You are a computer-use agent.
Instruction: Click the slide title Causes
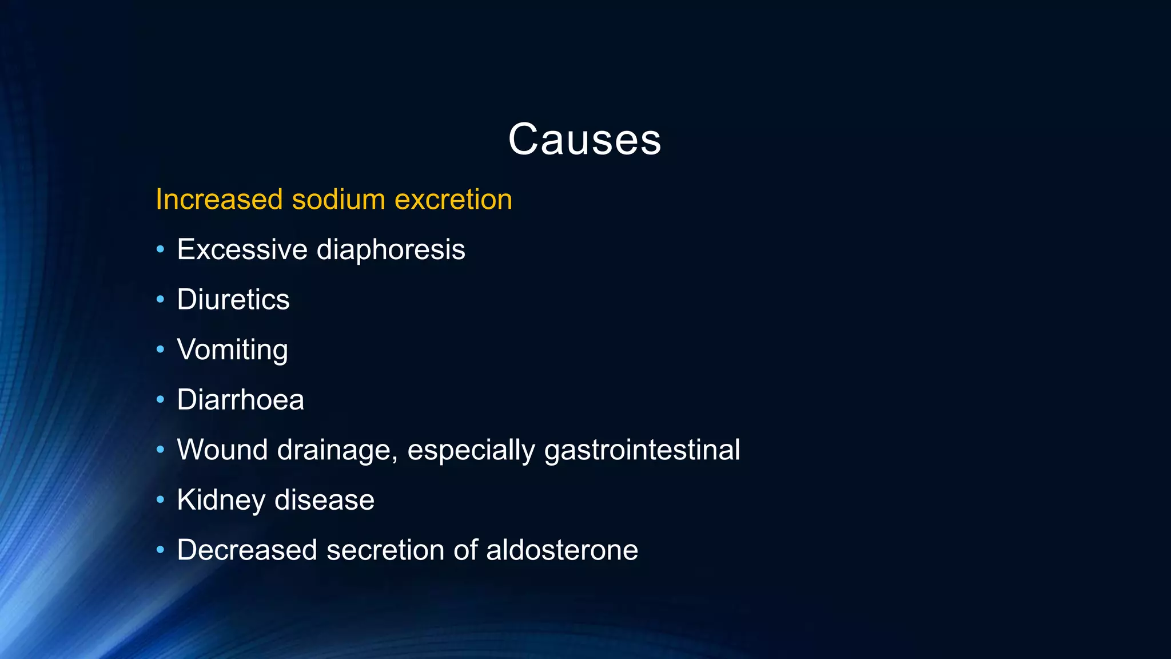pyautogui.click(x=584, y=140)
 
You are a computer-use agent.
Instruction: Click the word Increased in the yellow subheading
pyautogui.click(x=219, y=200)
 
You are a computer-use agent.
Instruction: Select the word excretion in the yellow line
pyautogui.click(x=453, y=200)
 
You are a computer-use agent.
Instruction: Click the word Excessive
pyautogui.click(x=242, y=250)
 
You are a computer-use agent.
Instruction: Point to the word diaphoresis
pyautogui.click(x=391, y=250)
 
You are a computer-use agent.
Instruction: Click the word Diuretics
pyautogui.click(x=233, y=300)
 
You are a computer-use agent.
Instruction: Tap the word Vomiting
pyautogui.click(x=232, y=350)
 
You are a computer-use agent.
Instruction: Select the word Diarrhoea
pyautogui.click(x=240, y=400)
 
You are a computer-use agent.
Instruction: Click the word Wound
pyautogui.click(x=222, y=450)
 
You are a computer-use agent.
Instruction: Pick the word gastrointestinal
pyautogui.click(x=642, y=450)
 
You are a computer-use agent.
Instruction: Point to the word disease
pyautogui.click(x=324, y=500)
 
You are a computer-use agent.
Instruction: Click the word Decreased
pyautogui.click(x=247, y=550)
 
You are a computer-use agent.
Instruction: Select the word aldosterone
pyautogui.click(x=561, y=550)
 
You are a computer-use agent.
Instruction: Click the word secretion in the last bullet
pyautogui.click(x=385, y=550)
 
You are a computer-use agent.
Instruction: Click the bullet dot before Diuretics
pyautogui.click(x=160, y=299)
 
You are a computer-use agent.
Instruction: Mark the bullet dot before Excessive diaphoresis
pyautogui.click(x=160, y=249)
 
